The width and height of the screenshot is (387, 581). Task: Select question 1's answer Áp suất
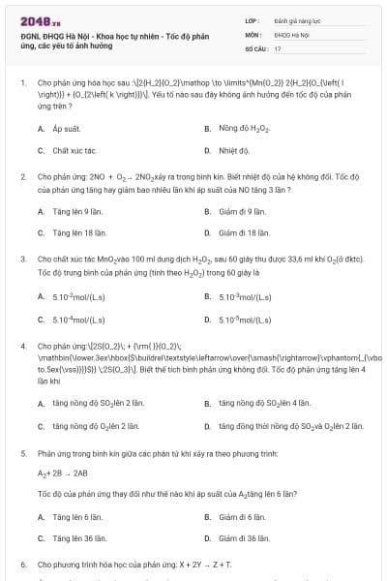pos(64,127)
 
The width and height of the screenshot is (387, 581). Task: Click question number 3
pos(22,260)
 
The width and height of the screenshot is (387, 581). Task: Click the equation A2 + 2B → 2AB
pos(62,473)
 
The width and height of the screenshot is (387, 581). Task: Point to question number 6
pos(22,563)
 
